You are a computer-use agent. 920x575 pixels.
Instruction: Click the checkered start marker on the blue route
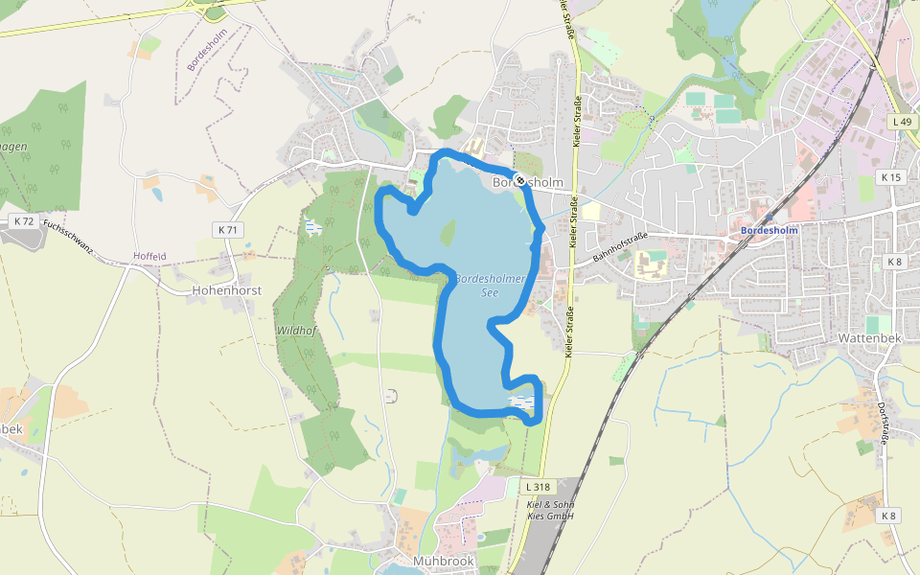pyautogui.click(x=519, y=179)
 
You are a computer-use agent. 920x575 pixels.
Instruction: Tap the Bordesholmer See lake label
pyautogui.click(x=490, y=285)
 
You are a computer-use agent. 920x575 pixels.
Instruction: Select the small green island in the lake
pyautogui.click(x=448, y=232)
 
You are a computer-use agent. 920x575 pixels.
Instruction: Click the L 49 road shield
pyautogui.click(x=900, y=122)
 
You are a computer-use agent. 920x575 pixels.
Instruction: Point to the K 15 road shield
pyautogui.click(x=891, y=177)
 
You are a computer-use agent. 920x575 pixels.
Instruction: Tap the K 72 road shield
pyautogui.click(x=24, y=221)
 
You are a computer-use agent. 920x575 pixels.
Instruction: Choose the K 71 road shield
pyautogui.click(x=227, y=230)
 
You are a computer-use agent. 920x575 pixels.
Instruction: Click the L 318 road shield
pyautogui.click(x=539, y=487)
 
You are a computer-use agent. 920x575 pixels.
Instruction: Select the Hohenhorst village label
pyautogui.click(x=227, y=288)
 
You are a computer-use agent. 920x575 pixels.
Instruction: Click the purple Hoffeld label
pyautogui.click(x=149, y=257)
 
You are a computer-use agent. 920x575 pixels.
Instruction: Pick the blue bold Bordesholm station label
pyautogui.click(x=769, y=230)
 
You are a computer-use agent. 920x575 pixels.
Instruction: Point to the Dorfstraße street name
pyautogui.click(x=883, y=421)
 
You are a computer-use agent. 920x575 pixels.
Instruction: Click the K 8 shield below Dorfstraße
pyautogui.click(x=889, y=516)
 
